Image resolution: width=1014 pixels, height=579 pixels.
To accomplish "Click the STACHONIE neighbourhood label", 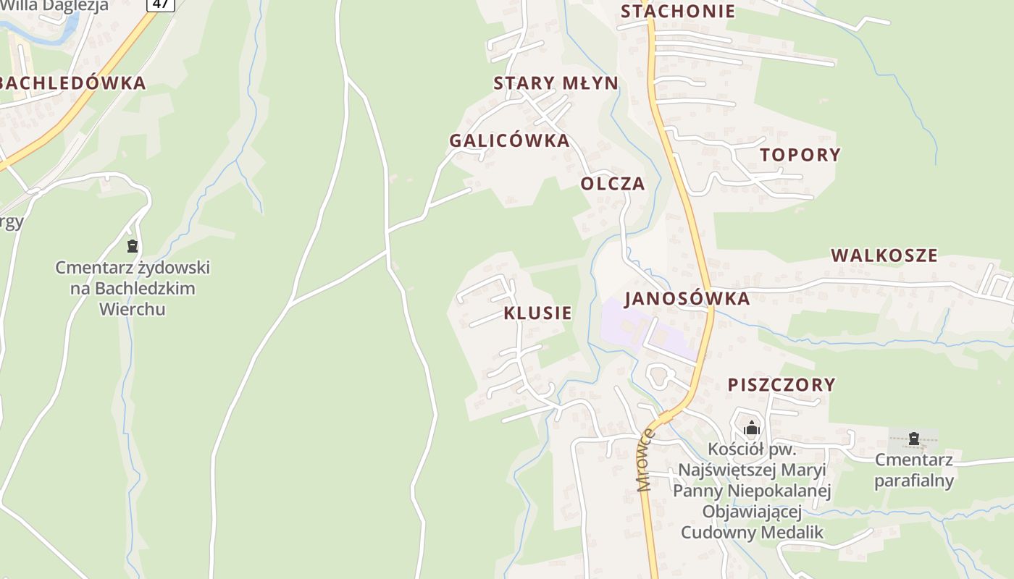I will [x=678, y=12].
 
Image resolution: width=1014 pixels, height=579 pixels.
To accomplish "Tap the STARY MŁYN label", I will [x=556, y=83].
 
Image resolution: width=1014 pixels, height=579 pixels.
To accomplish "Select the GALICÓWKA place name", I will [x=509, y=141].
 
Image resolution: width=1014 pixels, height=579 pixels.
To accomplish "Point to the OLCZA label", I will [x=612, y=184].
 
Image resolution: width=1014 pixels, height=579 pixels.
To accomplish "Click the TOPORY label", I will [x=800, y=155].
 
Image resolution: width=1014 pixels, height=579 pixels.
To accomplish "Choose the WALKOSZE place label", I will [x=884, y=255].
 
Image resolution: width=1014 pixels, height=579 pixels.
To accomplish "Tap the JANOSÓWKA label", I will [x=687, y=299].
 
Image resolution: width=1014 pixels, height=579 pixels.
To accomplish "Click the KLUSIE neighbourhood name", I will [x=537, y=313].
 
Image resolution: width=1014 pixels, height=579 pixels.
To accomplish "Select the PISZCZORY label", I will [x=782, y=385].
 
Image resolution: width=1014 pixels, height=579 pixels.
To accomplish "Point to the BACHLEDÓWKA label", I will [x=72, y=83].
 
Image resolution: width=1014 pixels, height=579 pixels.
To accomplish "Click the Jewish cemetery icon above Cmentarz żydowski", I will [x=132, y=246].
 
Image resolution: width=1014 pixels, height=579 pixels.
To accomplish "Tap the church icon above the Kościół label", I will [x=752, y=428].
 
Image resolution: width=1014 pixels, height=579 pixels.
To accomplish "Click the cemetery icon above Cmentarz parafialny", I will [x=914, y=438].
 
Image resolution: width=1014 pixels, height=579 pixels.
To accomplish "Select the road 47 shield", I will [x=161, y=4].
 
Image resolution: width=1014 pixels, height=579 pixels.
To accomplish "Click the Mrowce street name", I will [x=646, y=460].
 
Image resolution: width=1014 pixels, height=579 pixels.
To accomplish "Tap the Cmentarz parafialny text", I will [x=914, y=470].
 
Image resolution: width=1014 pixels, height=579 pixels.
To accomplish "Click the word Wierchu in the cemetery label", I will [x=132, y=309].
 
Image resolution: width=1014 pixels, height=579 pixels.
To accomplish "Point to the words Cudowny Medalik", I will [x=752, y=533].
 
